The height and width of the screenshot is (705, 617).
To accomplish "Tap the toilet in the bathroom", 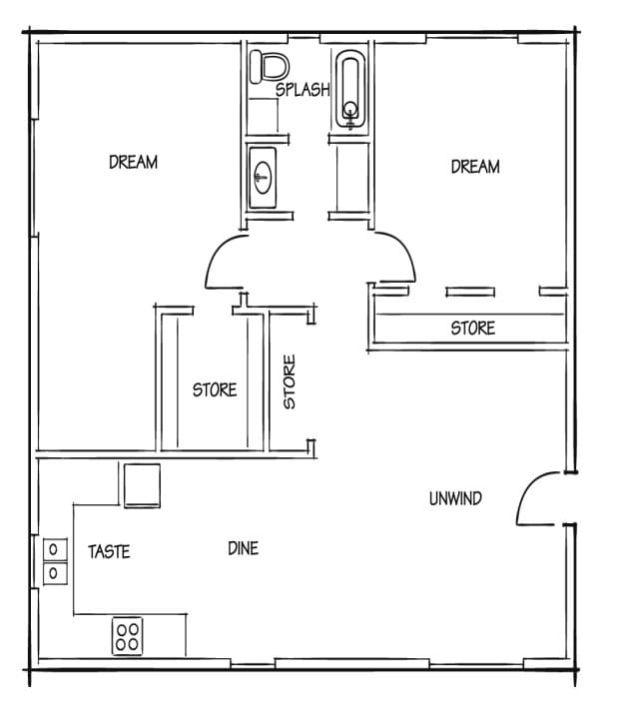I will (269, 66).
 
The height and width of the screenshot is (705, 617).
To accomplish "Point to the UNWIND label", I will (454, 498).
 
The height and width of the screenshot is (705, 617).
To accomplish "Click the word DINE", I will (243, 547).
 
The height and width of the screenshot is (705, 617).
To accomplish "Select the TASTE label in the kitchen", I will (109, 551).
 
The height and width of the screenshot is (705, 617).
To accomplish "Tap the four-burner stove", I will (127, 636).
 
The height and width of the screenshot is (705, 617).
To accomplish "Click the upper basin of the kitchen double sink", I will (53, 549).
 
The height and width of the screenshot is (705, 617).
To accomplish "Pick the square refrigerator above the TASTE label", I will (141, 486).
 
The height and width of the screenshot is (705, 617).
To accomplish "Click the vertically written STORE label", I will (290, 382).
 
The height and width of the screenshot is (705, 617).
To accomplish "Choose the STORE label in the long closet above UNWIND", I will (472, 328).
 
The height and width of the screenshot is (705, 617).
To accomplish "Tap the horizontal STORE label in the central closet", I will (215, 389).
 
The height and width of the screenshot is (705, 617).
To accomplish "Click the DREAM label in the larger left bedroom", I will (133, 162).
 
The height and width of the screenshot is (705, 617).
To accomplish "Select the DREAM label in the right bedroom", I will (474, 167).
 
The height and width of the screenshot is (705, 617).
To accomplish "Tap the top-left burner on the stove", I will (121, 629).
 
